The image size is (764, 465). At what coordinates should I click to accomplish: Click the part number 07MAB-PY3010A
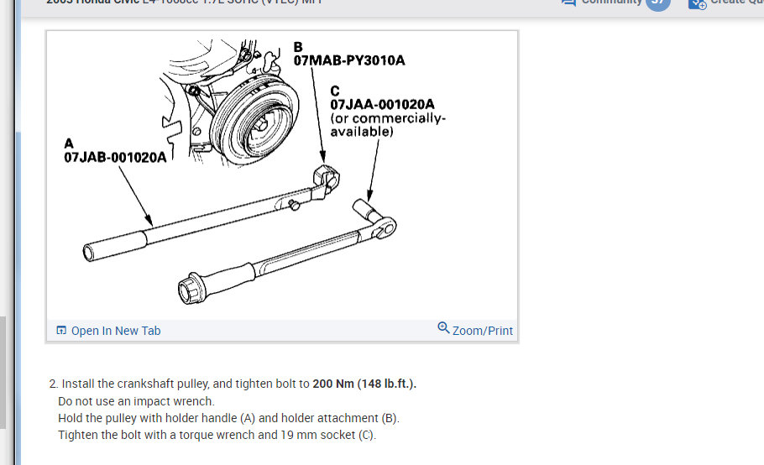click(348, 60)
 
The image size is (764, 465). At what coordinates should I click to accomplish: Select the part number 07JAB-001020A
click(115, 157)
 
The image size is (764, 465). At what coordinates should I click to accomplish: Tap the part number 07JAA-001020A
click(382, 104)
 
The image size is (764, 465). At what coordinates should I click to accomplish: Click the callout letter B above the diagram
click(298, 46)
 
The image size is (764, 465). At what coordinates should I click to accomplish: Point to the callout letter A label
click(69, 144)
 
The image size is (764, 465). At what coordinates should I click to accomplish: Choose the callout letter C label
click(335, 90)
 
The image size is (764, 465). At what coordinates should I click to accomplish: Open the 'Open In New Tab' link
click(115, 331)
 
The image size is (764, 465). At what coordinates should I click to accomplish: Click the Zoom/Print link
click(482, 331)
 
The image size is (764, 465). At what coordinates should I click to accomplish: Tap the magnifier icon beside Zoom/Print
click(443, 327)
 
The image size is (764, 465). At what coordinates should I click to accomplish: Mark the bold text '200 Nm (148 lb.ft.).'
click(364, 384)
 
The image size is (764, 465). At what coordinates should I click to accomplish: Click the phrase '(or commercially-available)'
click(388, 125)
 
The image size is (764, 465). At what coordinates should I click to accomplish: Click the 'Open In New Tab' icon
click(61, 331)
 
